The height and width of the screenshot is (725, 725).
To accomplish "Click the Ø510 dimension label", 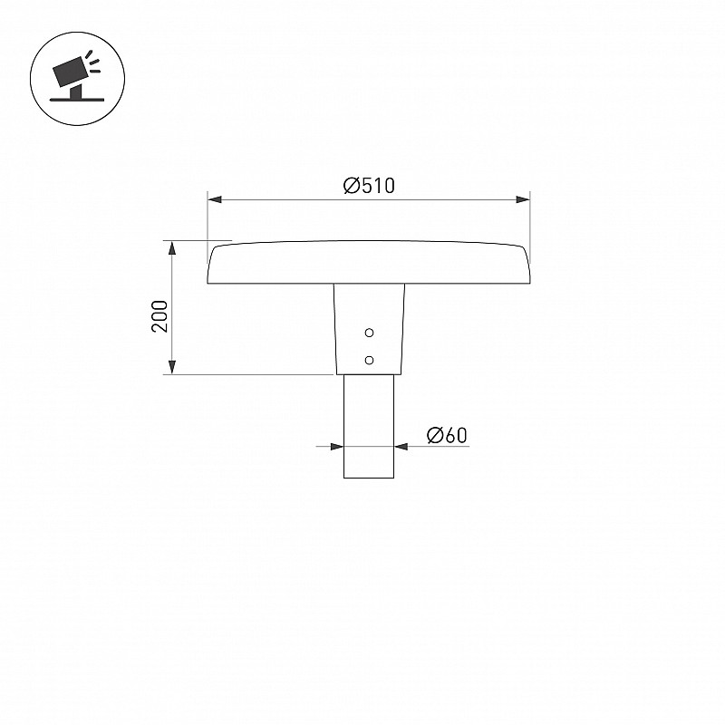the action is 369,186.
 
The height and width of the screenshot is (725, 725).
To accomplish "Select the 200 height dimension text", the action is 159,315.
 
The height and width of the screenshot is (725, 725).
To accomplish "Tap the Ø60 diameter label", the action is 447,435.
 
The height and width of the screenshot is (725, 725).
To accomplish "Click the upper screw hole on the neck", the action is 369,333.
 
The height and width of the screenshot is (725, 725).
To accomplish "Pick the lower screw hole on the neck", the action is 369,360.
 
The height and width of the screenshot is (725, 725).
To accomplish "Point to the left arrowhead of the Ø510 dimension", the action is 215,199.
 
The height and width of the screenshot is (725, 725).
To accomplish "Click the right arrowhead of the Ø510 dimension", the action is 523,199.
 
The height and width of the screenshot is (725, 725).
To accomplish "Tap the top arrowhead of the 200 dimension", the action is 172,247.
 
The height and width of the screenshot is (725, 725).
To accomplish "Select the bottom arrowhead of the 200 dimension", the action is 172,367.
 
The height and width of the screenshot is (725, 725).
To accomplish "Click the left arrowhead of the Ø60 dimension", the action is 337,446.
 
